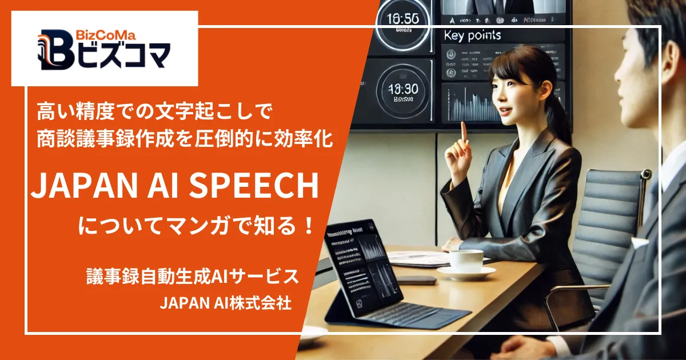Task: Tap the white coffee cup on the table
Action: [x=466, y=260]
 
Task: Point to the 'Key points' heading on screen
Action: [x=472, y=35]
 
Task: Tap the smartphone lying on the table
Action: [x=416, y=281]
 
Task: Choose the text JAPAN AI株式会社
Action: [x=226, y=303]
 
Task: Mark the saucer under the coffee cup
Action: [x=466, y=274]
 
